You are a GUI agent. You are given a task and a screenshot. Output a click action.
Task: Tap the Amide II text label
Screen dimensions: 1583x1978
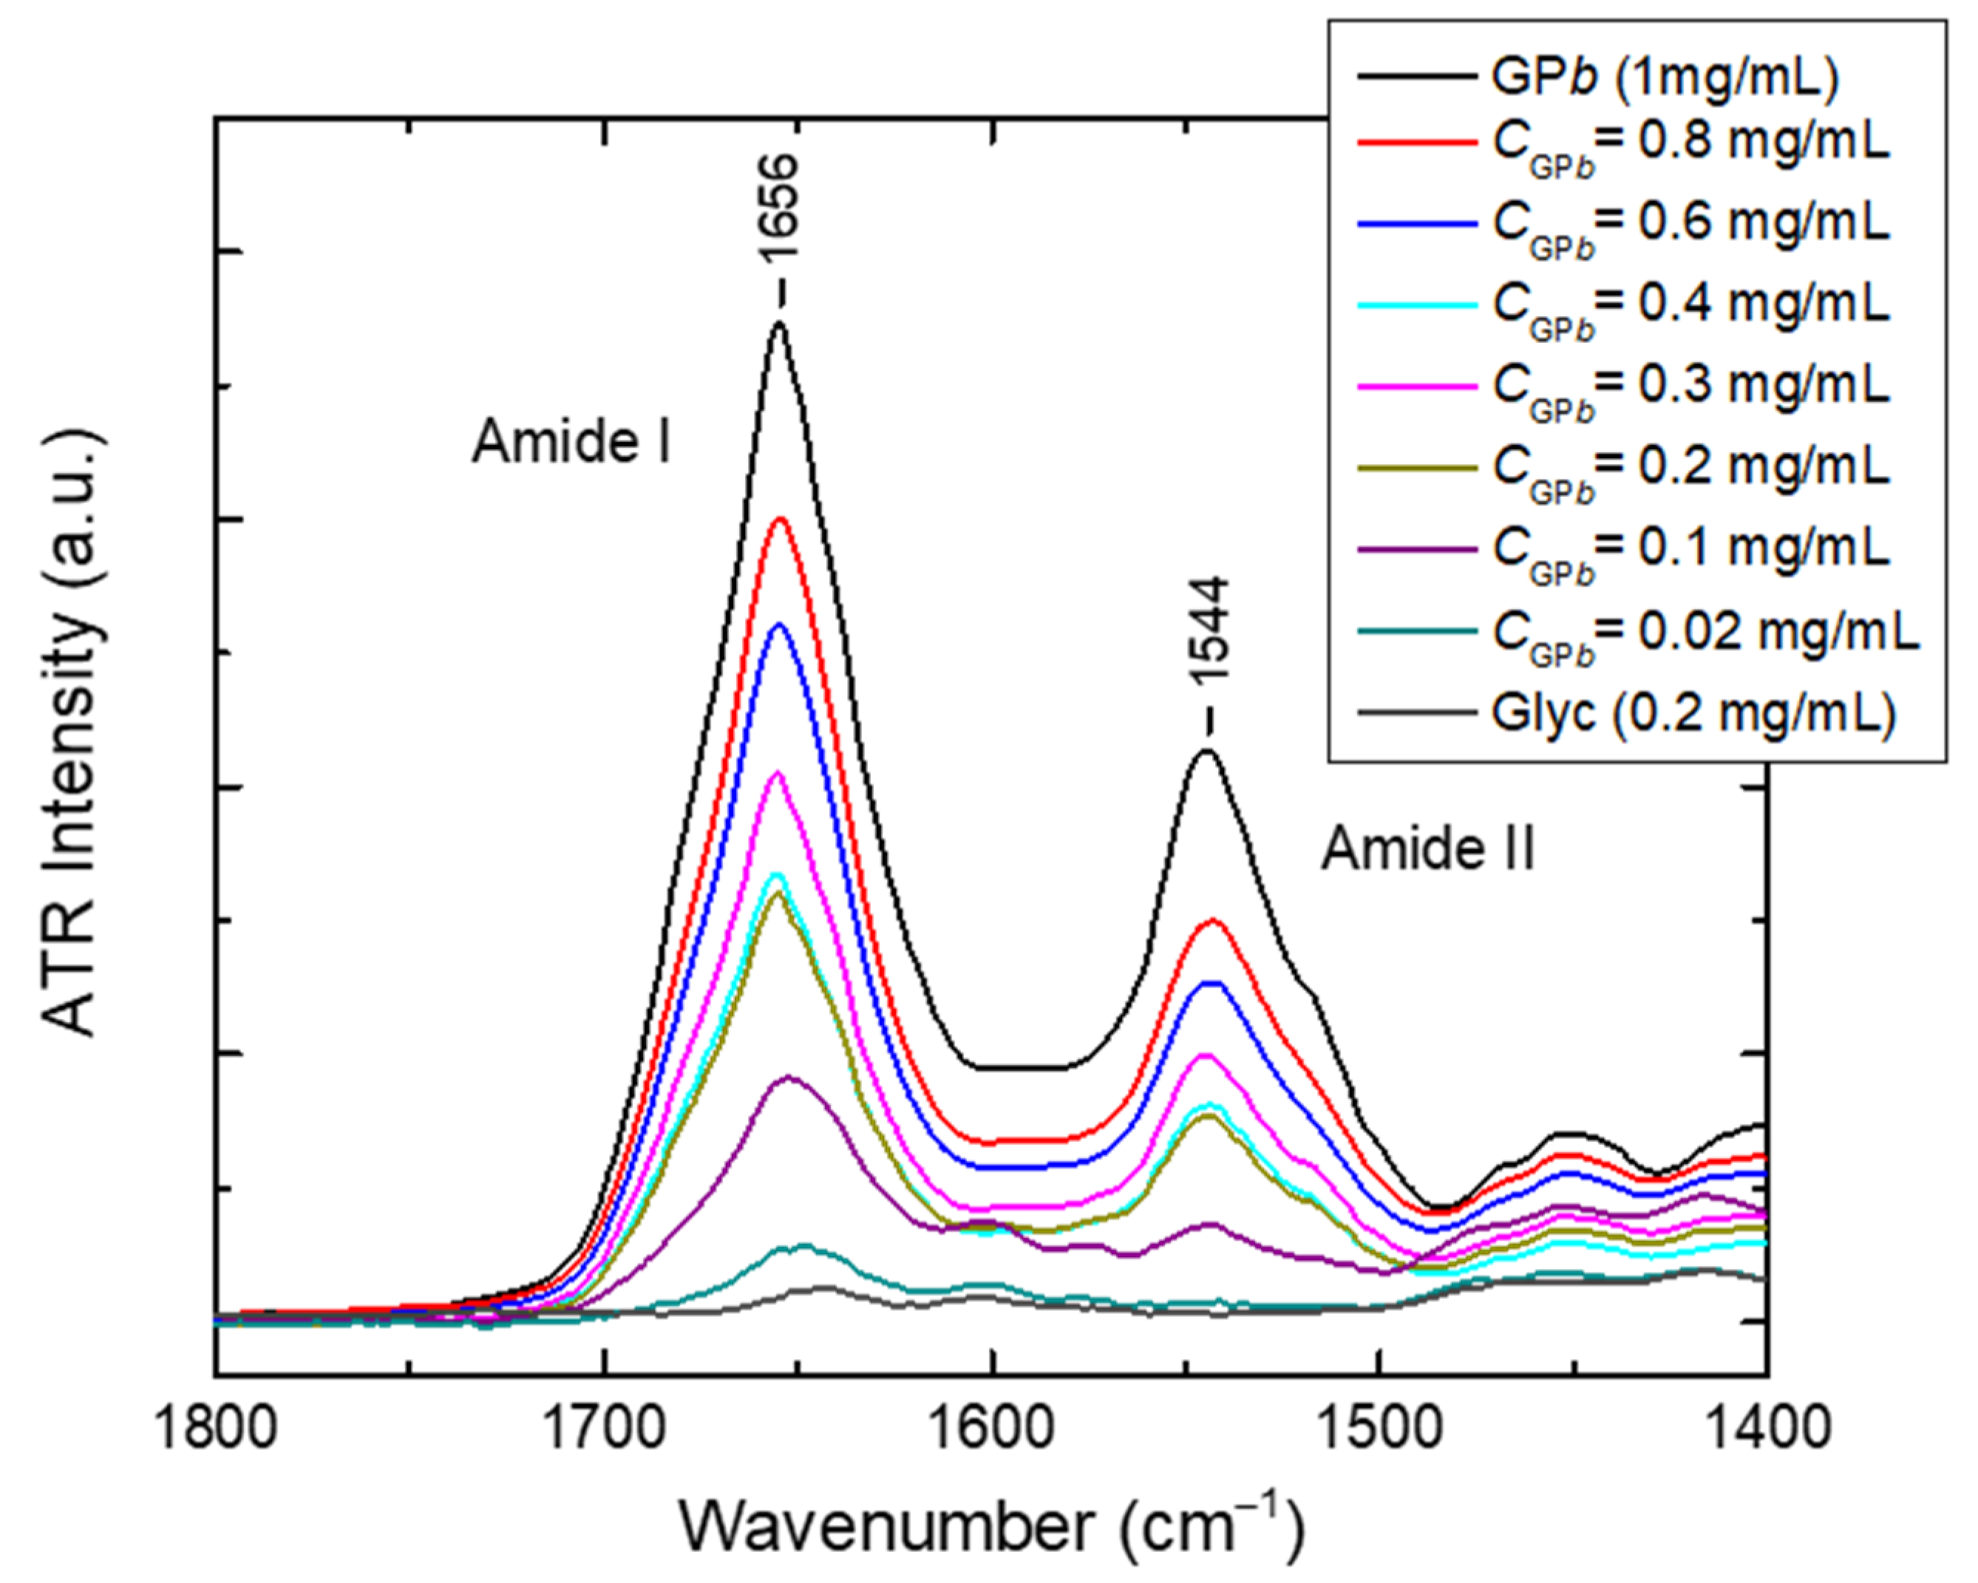coord(1427,849)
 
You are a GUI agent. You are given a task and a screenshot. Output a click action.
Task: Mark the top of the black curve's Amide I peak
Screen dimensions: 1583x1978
coord(779,323)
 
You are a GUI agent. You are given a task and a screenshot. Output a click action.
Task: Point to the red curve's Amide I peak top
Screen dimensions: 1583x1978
coord(781,519)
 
